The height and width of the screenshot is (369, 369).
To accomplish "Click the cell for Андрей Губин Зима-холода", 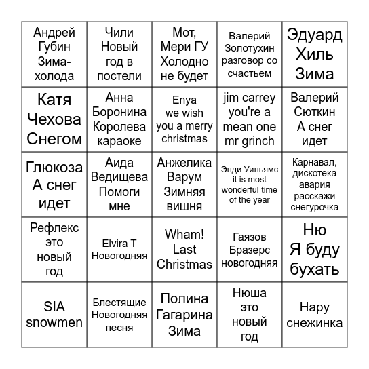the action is click(54, 54).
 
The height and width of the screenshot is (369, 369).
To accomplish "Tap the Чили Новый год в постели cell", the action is click(119, 54).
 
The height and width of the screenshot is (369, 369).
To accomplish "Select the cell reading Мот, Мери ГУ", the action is click(184, 54).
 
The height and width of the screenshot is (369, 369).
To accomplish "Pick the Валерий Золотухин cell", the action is click(249, 54).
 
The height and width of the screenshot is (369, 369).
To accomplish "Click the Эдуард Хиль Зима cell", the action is click(314, 54).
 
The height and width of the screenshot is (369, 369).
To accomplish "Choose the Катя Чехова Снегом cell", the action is click(54, 119).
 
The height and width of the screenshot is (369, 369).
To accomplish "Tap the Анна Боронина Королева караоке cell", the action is click(119, 119).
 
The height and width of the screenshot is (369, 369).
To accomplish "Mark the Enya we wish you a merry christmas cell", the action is click(184, 119).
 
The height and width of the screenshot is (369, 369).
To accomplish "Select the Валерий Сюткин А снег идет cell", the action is click(314, 119).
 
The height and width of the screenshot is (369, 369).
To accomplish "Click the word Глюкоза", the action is click(54, 168).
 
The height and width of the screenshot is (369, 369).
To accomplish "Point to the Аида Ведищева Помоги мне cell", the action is click(119, 184).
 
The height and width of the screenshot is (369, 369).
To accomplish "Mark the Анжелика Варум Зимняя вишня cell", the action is click(184, 184).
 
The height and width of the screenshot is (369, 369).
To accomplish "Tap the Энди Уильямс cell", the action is click(249, 184).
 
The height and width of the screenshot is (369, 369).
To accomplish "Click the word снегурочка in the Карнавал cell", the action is click(314, 208).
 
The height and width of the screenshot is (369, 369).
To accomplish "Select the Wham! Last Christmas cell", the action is click(184, 250).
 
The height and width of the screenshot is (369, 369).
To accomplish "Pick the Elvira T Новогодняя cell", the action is click(119, 250).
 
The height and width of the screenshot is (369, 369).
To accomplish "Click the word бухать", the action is click(314, 269).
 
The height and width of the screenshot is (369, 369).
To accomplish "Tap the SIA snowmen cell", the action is click(54, 315).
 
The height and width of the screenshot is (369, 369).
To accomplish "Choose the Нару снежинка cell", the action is click(314, 315).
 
